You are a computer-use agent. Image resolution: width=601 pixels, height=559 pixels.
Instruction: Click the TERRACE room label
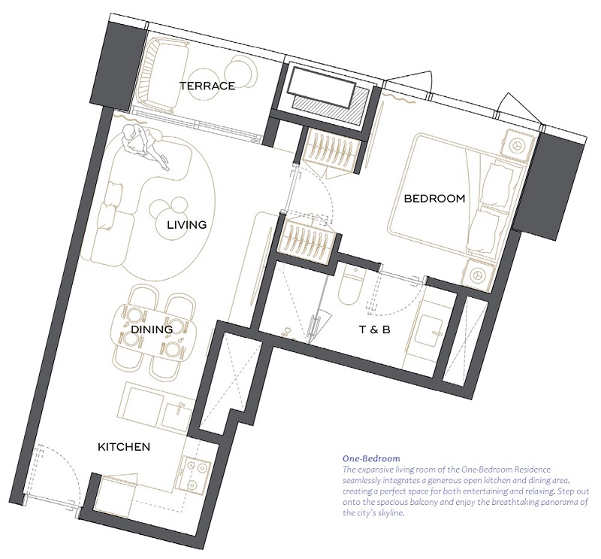[207, 86]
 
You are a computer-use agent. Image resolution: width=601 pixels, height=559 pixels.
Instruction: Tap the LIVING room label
[186, 225]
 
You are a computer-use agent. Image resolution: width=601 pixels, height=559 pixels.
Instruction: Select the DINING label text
[152, 330]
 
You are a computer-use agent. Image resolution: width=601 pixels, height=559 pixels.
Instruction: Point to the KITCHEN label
[124, 447]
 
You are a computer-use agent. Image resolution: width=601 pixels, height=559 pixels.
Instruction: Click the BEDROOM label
[435, 199]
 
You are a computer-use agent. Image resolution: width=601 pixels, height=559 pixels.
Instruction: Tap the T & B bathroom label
[374, 330]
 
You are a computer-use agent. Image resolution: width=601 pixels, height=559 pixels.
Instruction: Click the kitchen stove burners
[194, 475]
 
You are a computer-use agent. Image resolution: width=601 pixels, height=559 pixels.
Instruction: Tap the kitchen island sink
[176, 415]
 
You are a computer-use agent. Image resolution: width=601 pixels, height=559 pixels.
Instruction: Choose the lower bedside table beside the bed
[478, 275]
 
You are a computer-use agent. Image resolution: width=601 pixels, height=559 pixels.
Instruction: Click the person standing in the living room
[144, 145]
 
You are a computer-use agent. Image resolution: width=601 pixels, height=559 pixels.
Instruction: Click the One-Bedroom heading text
[371, 458]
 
